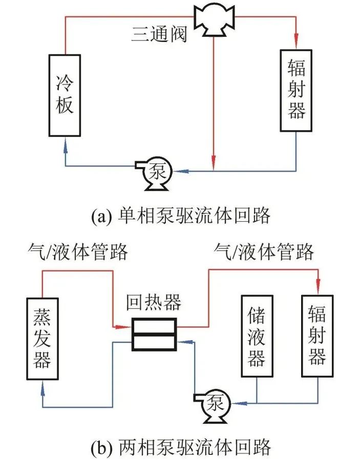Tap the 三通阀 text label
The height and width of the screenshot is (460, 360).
tap(159, 35)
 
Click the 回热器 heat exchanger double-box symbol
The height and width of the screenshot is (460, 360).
tap(154, 334)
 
